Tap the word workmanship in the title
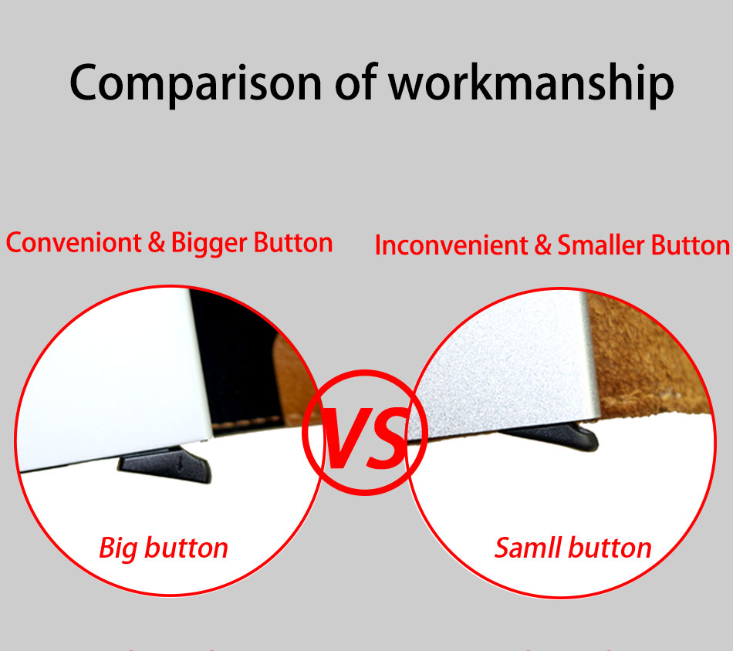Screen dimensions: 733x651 pyautogui.click(x=531, y=83)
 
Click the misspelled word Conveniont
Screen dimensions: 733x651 pyautogui.click(x=73, y=243)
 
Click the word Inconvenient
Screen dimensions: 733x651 pyautogui.click(x=451, y=245)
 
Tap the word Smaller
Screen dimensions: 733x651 pyautogui.click(x=601, y=245)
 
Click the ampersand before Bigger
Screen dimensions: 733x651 pyautogui.click(x=156, y=242)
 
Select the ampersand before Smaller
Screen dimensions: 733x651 pyautogui.click(x=542, y=245)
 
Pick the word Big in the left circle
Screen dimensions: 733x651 pyautogui.click(x=118, y=548)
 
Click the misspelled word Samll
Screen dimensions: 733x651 pyautogui.click(x=527, y=548)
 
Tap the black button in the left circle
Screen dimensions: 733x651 pyautogui.click(x=165, y=464)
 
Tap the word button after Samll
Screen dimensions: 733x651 pyautogui.click(x=610, y=548)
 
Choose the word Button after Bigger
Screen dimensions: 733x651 pyautogui.click(x=293, y=243)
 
